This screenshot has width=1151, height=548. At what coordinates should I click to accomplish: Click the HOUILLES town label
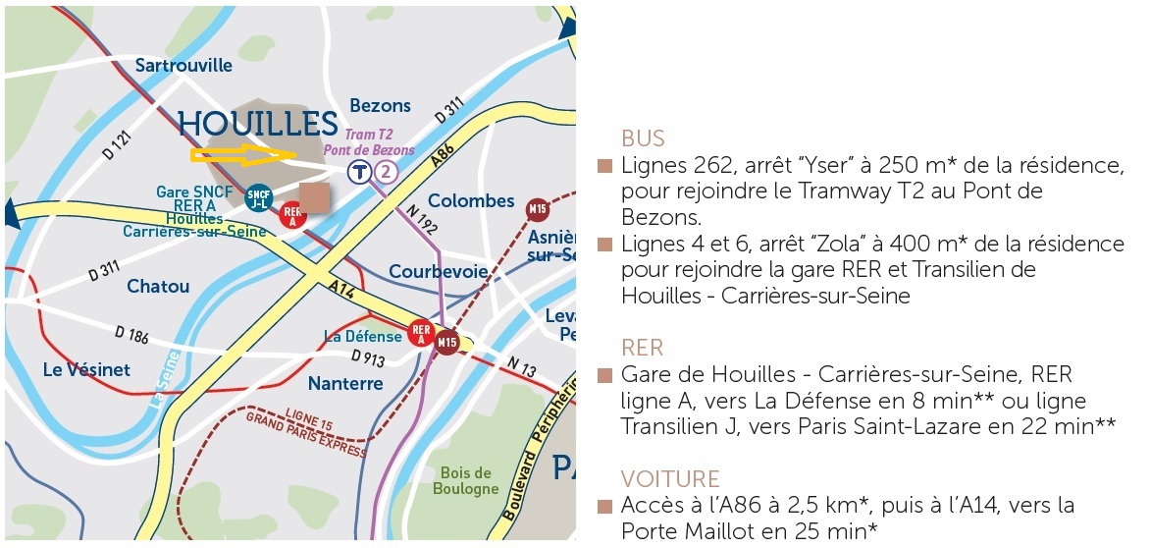pos(257,124)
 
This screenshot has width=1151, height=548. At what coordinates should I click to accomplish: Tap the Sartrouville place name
pos(183,65)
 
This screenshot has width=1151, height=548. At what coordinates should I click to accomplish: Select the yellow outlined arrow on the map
pos(242,153)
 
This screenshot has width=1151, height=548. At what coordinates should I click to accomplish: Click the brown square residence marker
pos(315,195)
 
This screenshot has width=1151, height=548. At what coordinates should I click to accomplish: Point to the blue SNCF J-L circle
pos(258,197)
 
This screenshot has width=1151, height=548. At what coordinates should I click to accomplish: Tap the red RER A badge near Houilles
pos(291,214)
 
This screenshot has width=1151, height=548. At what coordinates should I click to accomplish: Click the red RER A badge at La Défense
pos(422,334)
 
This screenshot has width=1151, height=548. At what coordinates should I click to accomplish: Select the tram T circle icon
pos(360,173)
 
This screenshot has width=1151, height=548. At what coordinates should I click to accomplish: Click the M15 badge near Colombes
pos(537,208)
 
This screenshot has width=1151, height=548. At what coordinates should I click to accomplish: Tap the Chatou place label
pos(158,286)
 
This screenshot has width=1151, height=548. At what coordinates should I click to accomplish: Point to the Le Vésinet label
pos(86,369)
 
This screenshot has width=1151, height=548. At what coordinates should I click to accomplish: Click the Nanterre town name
pos(344,382)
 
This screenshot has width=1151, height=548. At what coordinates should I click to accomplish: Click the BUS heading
pos(643,137)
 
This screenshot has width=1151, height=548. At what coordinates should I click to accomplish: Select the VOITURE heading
pos(670,479)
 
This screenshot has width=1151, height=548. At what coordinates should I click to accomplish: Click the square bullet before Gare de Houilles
pos(604,376)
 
